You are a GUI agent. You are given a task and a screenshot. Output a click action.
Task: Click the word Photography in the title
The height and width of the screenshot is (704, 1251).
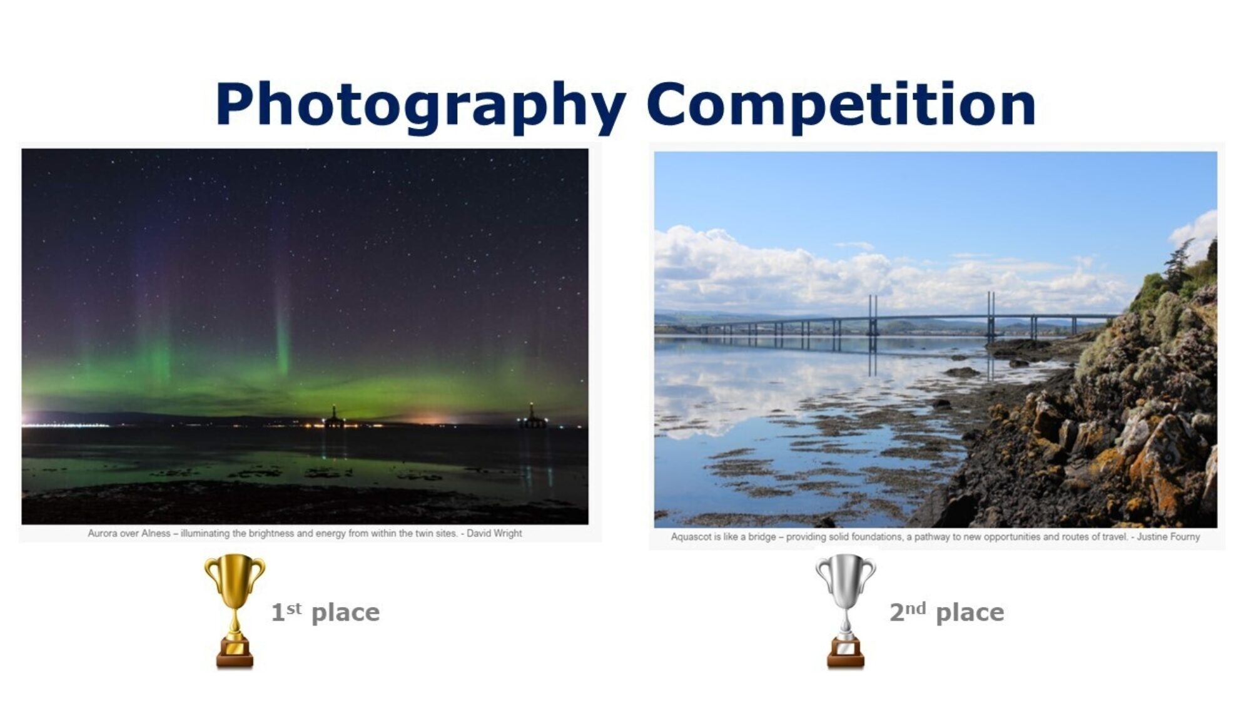(x=420, y=106)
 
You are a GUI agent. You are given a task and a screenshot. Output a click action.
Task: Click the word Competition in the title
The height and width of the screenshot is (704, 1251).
(x=841, y=105)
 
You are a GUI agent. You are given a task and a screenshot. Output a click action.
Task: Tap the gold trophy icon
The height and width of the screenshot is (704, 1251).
(x=235, y=611)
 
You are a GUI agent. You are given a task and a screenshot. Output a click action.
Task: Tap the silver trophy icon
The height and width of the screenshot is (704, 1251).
(x=845, y=611)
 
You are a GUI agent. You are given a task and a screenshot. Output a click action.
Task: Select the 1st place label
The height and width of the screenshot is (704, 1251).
(x=325, y=612)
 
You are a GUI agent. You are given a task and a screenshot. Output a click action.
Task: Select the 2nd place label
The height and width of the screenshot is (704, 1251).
(x=947, y=612)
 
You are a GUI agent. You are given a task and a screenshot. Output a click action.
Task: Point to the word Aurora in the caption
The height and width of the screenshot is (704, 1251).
(x=103, y=533)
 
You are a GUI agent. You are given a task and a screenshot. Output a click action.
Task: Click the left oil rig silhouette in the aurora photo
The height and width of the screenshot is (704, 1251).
(x=334, y=417)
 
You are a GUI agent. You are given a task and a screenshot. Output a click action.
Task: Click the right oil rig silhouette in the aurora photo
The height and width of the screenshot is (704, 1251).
(x=532, y=416)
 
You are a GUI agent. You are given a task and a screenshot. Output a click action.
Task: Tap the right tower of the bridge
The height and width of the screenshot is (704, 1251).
(x=991, y=315)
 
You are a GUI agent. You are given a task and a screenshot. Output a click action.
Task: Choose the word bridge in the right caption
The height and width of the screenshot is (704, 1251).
(x=762, y=536)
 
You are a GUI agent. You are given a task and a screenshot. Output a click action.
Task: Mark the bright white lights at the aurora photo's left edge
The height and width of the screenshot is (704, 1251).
(x=56, y=423)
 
